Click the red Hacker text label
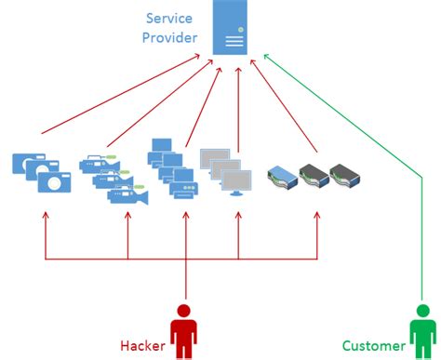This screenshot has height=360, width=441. coord(143,346)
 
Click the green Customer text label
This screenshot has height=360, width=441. coord(372,346)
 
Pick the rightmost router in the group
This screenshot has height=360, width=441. coord(341,174)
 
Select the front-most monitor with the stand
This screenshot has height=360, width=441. coord(234,182)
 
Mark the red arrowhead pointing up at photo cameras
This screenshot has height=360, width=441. coord(45,216)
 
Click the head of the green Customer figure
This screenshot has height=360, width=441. coord(421,313)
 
